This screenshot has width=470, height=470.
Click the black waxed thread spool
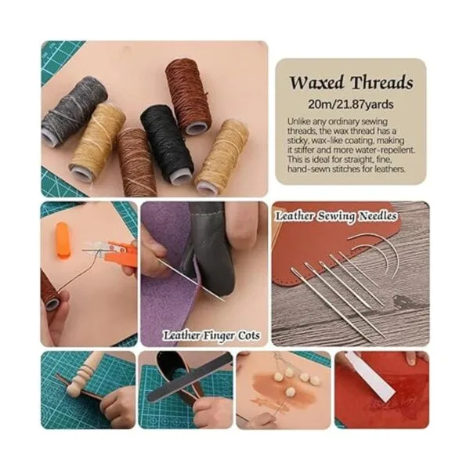pos(167,143)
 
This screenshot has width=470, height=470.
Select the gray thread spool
pos(74,111)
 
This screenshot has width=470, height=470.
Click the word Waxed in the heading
pos(316,83)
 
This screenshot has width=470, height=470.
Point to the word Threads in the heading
pos(382,82)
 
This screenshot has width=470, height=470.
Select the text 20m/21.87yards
pos(351,105)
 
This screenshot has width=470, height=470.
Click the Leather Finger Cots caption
pos(211,336)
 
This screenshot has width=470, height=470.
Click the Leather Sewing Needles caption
pos(336,216)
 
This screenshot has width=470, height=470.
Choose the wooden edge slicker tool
pos(83,377)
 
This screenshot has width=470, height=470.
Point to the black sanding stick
pos(190,378)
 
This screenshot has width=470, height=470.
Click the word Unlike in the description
pos(299,122)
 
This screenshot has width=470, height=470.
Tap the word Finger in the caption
pos(219,336)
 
